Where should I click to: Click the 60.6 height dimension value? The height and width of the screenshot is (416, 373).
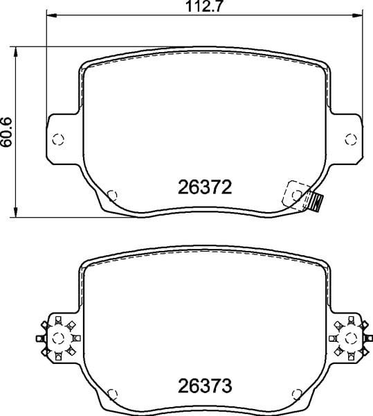[6, 132]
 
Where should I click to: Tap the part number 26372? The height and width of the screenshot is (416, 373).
[205, 187]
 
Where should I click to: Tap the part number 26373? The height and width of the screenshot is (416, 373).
[205, 385]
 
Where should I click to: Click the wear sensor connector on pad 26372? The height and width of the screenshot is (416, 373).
[316, 202]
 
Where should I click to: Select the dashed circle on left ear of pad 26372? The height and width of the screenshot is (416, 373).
[58, 139]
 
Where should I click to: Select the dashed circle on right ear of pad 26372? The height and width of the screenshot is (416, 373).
[351, 139]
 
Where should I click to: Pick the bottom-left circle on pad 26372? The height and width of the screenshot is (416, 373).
[112, 196]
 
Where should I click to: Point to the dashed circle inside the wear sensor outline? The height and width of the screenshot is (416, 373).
[297, 196]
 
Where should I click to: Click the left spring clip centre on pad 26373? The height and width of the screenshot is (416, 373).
[58, 338]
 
